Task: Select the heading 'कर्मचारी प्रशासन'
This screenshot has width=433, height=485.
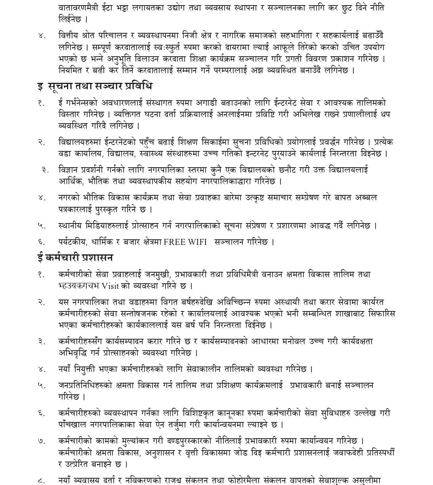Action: coord(79,258)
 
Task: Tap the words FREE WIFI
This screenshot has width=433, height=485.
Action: coord(185,242)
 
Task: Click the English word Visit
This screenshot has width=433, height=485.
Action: coord(110,286)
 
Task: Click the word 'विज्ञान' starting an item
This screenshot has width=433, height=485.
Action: coord(69,170)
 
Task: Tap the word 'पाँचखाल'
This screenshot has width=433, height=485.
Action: coord(73,424)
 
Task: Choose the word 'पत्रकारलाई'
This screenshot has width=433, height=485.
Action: coord(76,209)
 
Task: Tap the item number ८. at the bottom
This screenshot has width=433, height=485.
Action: coord(42,480)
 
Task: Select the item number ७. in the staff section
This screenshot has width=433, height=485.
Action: coord(42,441)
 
